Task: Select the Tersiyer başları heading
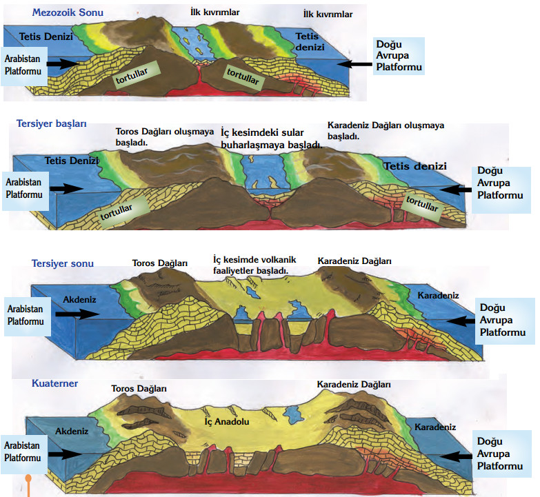52,124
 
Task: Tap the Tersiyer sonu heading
62,263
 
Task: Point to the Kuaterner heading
55,383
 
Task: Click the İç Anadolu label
228,420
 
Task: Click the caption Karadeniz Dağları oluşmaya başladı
386,130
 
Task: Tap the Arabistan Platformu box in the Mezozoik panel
23,64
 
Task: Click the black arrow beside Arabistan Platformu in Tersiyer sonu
77,314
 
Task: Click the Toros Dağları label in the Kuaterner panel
139,389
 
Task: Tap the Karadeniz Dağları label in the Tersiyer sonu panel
354,261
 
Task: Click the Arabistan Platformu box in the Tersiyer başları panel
24,188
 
